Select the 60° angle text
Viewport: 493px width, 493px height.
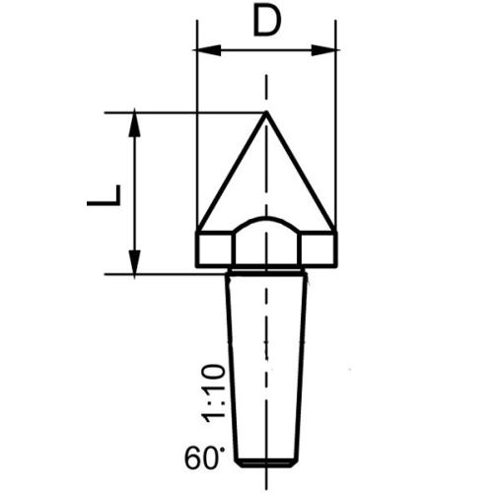[204, 458]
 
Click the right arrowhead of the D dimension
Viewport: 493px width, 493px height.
[329, 49]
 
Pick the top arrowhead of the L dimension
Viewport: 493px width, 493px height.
[135, 119]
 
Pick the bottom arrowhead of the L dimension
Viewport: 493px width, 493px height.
[135, 266]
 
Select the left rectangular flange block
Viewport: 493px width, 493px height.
[216, 248]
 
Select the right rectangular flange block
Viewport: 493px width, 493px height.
[317, 248]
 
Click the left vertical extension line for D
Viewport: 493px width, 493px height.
[197, 138]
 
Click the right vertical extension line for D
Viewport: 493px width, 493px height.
[336, 138]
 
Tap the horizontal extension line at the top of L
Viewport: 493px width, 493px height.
[187, 111]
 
